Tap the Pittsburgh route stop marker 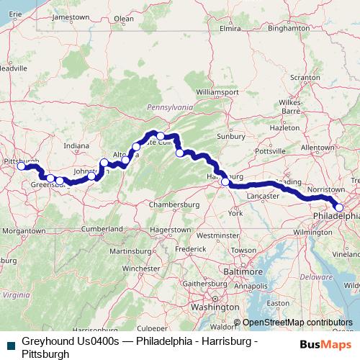coord(22,166)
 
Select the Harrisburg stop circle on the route coord(225,182)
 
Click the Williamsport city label coord(217,93)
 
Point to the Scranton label coord(305,76)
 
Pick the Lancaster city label coord(261,196)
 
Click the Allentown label coord(318,147)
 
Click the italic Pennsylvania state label coord(171,107)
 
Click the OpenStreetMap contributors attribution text coord(297,323)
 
